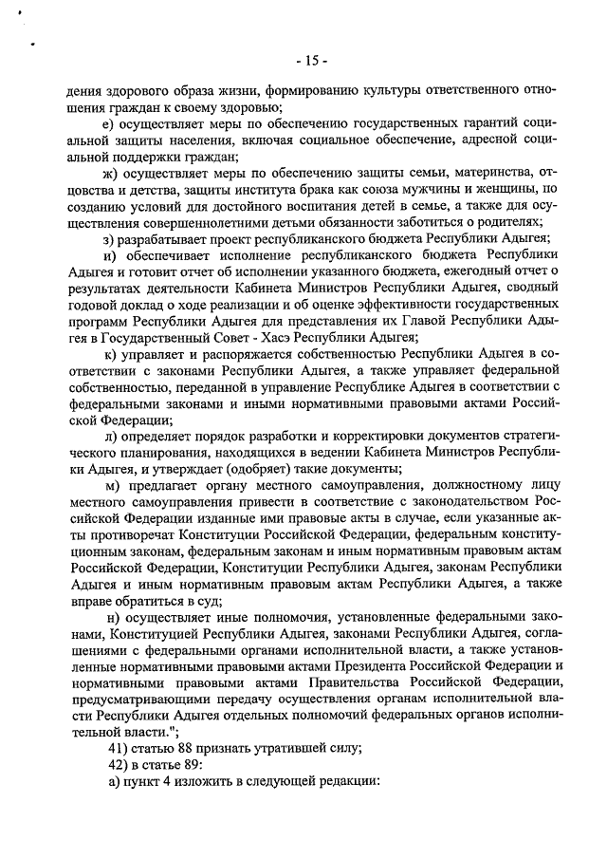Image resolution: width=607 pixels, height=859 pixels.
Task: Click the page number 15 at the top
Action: [310, 62]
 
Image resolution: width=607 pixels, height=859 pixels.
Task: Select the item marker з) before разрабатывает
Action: [109, 238]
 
